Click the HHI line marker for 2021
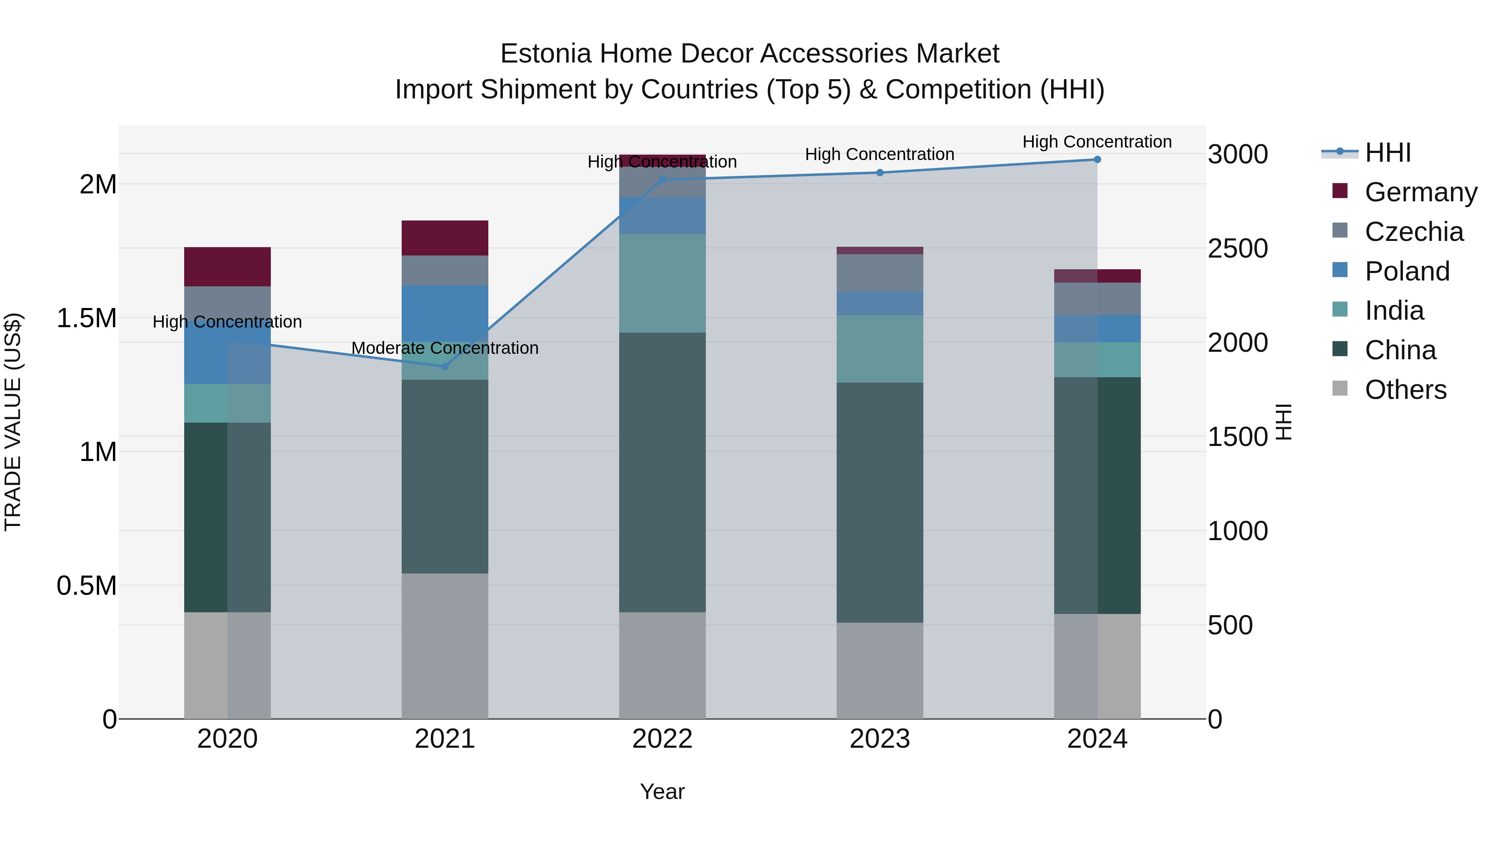point(445,366)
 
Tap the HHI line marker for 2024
point(1097,160)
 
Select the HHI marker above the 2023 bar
point(880,173)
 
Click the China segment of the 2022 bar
point(662,472)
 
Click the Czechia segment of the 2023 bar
point(880,273)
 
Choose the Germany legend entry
point(1420,192)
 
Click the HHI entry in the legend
point(1387,153)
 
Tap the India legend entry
point(1394,311)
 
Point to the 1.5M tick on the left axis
point(86,318)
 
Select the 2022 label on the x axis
point(662,739)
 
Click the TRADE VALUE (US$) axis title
point(13,422)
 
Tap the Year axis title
point(662,791)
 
